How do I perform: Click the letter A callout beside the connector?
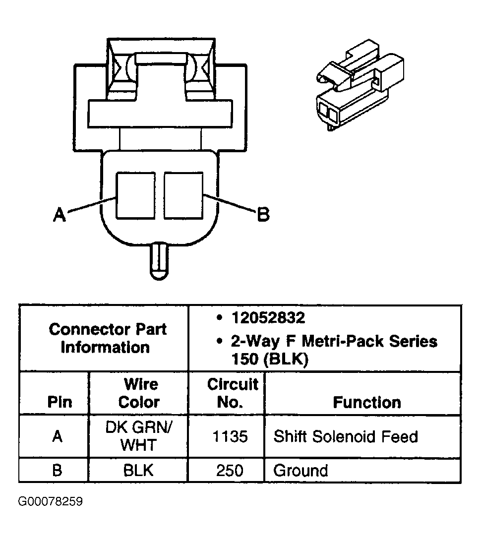[60, 215]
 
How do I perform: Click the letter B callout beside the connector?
[263, 215]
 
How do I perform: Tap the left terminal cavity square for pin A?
[135, 195]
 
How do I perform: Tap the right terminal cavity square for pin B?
[183, 195]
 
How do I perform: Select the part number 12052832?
[268, 318]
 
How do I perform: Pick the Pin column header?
[59, 402]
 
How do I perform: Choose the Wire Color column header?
[139, 393]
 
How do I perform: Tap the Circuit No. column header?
[233, 393]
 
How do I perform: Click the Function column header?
[366, 402]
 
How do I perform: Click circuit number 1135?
[230, 437]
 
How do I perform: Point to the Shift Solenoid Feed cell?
[346, 437]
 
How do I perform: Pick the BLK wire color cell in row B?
[138, 470]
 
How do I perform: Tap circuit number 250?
[230, 470]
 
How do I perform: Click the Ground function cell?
[301, 470]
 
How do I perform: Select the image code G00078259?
[51, 502]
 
